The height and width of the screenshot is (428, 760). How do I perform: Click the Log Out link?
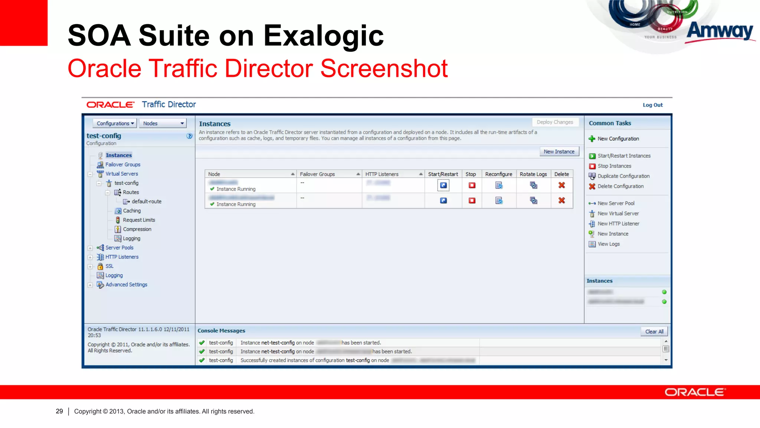click(652, 105)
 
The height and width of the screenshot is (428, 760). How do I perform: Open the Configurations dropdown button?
click(115, 123)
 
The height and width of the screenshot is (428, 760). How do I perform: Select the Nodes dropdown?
click(163, 123)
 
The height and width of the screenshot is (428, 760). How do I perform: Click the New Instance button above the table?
click(559, 152)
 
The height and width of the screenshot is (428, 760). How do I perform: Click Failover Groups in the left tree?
click(122, 165)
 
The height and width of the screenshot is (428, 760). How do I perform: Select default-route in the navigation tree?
click(146, 201)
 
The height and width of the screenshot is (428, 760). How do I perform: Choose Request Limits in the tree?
click(139, 220)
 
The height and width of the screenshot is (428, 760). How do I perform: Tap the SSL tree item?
click(109, 266)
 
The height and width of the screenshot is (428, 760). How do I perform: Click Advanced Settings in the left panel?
click(126, 285)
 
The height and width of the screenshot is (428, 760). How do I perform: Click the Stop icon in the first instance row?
click(472, 185)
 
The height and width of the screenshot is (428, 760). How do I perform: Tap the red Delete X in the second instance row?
click(561, 201)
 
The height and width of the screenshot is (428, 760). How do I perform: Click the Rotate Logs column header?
click(533, 174)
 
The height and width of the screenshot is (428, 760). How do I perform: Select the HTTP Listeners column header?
click(382, 174)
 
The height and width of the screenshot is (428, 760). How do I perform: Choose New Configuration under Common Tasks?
click(618, 139)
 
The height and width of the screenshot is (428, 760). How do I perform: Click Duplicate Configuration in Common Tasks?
click(623, 176)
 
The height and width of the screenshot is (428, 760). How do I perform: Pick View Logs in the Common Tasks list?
click(608, 244)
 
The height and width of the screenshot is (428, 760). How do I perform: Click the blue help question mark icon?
click(189, 136)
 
